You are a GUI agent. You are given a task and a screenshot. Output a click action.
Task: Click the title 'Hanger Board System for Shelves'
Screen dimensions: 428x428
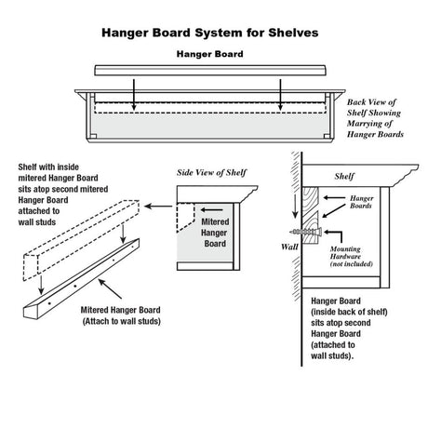point(213,32)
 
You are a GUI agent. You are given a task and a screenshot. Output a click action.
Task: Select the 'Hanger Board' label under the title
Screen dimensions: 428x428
point(212,55)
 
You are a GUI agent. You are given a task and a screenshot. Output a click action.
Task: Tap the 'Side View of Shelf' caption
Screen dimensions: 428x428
point(212,173)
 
